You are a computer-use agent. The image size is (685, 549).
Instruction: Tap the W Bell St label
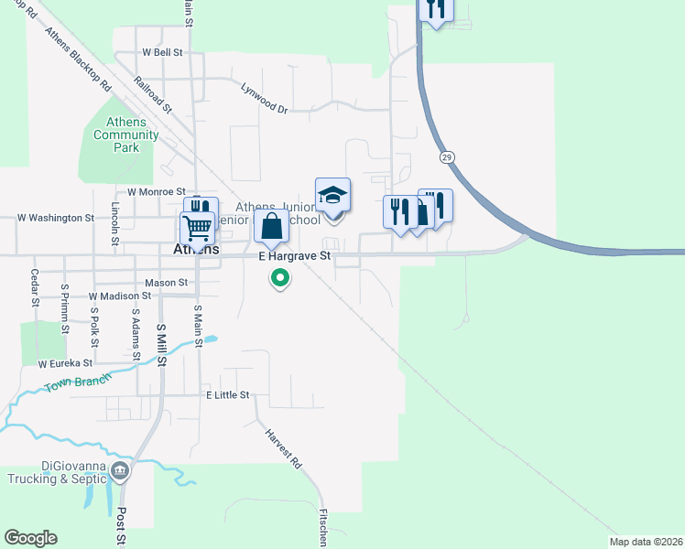click(161, 52)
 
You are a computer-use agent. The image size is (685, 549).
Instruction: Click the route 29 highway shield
click(446, 157)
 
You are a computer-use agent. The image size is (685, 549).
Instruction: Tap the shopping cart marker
click(197, 228)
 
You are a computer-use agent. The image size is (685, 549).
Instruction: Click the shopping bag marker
click(271, 228)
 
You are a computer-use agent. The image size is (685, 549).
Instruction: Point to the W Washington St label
click(56, 219)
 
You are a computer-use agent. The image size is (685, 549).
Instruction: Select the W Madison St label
click(119, 296)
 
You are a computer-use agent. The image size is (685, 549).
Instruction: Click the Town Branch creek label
click(78, 382)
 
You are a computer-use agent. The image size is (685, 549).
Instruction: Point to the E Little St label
click(227, 394)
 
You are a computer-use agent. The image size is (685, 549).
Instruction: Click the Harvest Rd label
click(283, 450)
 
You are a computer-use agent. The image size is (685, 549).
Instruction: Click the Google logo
click(30, 538)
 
